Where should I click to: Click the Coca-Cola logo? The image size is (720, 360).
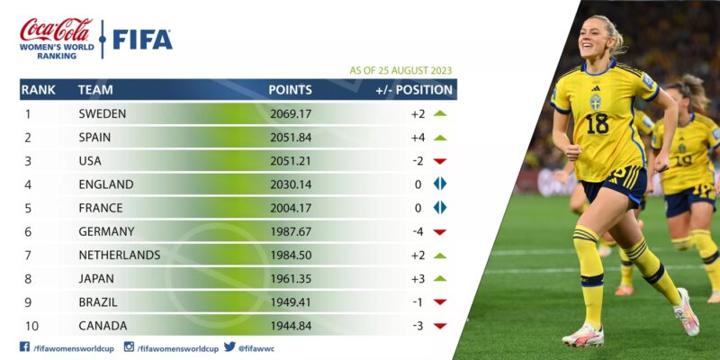click(57, 30)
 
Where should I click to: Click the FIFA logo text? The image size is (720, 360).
click(143, 40)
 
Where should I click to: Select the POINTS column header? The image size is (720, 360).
click(290, 90)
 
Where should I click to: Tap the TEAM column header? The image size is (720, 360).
click(95, 90)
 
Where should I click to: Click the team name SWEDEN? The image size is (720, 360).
click(103, 114)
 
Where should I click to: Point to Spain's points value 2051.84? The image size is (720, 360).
click(291, 138)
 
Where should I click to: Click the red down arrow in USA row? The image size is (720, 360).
click(440, 161)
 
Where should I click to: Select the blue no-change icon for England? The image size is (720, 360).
click(440, 184)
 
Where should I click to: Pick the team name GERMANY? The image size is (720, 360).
click(106, 232)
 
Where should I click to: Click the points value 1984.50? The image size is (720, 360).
click(291, 256)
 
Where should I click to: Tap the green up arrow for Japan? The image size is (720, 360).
click(440, 278)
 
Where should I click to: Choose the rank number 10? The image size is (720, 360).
click(31, 326)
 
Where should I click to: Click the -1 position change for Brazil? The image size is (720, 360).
click(418, 302)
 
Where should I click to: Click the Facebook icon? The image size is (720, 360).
click(25, 346)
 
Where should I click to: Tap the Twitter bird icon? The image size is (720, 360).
click(230, 346)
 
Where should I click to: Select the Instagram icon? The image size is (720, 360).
click(129, 346)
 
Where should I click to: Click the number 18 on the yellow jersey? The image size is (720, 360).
click(598, 123)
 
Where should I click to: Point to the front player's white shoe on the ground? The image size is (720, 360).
click(582, 337)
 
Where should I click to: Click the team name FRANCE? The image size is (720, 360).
click(101, 208)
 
